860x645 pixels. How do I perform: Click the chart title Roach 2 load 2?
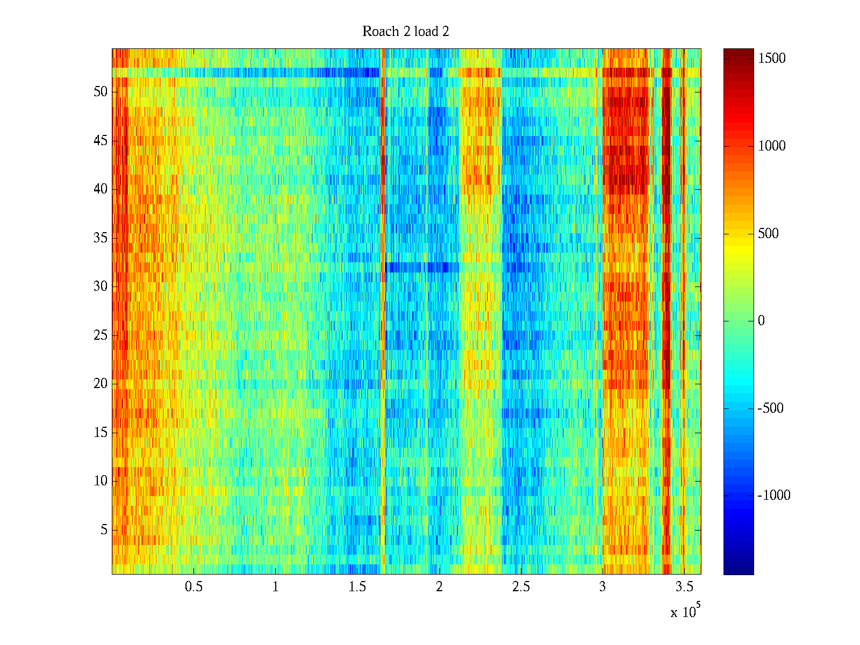coord(406,32)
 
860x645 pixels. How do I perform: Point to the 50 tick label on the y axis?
coord(101,92)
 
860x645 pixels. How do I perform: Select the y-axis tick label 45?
coord(101,141)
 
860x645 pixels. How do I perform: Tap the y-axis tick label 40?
coord(101,189)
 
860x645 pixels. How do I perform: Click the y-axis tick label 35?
coord(101,238)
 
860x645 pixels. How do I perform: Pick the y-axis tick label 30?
coord(101,286)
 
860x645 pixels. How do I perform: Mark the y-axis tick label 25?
coord(101,335)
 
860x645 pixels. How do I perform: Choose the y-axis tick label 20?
coord(101,384)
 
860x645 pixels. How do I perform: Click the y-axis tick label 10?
coord(101,481)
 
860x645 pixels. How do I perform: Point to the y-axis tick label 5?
coord(104,530)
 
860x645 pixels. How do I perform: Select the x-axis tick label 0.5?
coord(193,587)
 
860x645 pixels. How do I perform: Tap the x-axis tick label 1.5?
coord(357,587)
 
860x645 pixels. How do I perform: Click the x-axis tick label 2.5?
coord(521,587)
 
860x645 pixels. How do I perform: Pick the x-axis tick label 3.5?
coord(684,587)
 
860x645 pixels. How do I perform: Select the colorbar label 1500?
coord(772,59)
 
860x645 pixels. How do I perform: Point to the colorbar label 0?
coord(761,321)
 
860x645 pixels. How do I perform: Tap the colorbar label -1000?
coord(774,496)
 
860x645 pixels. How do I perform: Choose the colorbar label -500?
coord(771,408)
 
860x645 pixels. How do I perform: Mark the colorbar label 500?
coord(768,234)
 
